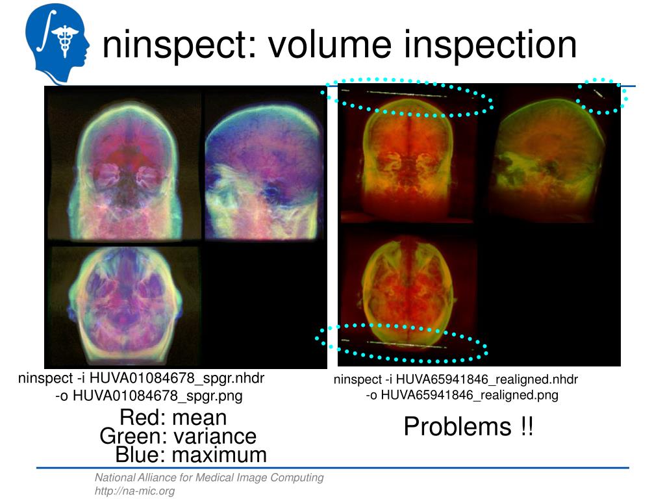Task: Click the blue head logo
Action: point(57,42)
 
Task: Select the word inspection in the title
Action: point(490,45)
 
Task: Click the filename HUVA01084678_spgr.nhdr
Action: point(177,377)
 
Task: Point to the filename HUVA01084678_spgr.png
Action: point(158,396)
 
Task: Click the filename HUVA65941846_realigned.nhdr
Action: point(487,379)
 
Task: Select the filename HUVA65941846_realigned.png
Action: point(470,395)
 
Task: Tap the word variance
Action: point(215,436)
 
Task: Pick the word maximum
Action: point(220,455)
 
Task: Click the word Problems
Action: point(458,426)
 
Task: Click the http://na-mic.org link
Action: point(134,491)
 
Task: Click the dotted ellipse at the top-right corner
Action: point(602,96)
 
